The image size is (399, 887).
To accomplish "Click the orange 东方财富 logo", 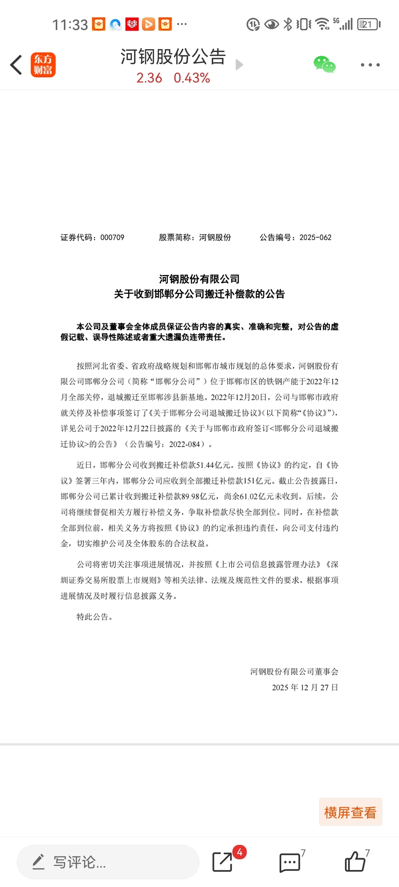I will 43,65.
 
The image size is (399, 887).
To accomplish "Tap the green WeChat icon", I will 324,65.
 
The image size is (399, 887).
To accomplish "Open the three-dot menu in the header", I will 370,65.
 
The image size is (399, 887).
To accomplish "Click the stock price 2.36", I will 149,78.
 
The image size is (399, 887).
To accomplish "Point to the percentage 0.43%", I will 192,78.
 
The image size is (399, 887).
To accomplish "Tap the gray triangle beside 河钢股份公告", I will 239,65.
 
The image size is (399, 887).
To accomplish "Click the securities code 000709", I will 112,237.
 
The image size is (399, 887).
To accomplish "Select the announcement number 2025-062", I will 315,237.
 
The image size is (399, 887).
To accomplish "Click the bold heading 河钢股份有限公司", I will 199,279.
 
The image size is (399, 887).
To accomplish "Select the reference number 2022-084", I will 184,444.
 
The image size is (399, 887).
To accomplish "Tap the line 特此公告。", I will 94,616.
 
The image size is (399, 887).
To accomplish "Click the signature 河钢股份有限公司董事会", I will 294,672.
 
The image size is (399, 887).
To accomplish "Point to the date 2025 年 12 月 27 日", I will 305,687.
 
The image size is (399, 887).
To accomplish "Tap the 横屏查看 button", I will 350,812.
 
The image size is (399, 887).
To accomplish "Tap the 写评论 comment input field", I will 108,862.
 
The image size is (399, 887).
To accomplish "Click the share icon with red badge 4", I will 223,861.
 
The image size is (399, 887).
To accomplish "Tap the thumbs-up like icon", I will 355,861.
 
